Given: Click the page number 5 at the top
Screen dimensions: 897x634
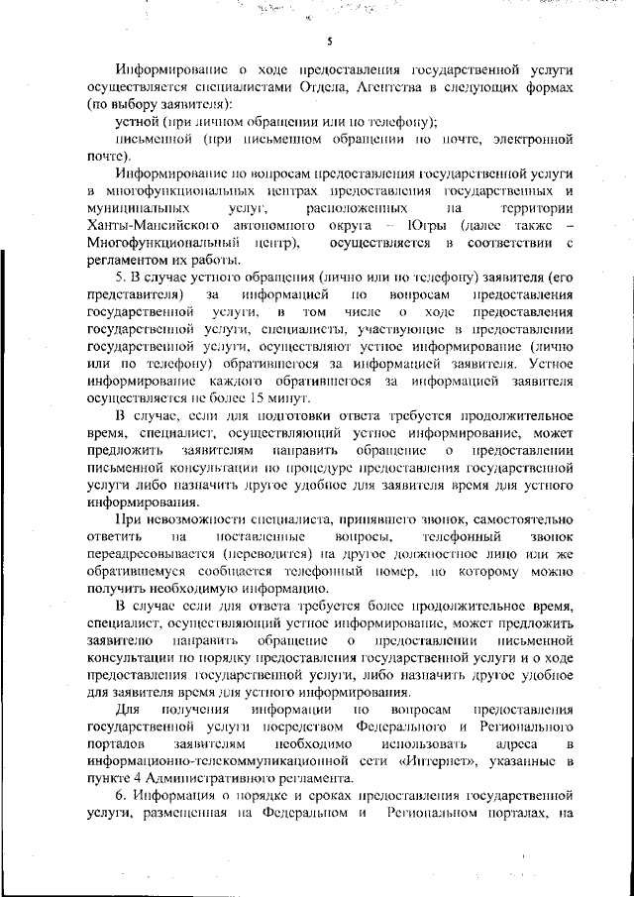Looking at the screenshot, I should [x=329, y=41].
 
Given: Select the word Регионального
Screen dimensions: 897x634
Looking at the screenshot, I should [x=515, y=726].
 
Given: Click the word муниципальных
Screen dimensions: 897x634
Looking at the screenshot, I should [x=139, y=207].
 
